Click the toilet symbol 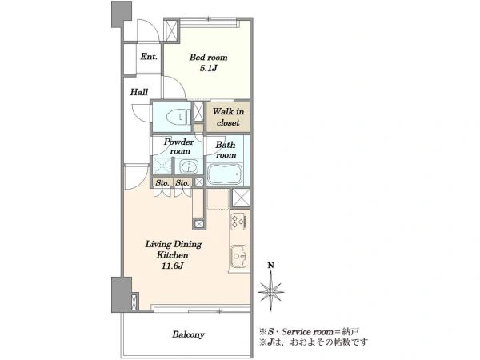tap(178, 117)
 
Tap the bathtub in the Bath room tap(225, 174)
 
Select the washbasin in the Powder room tap(189, 167)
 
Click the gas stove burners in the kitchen tap(238, 221)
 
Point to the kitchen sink tap(238, 256)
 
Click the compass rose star tap(271, 291)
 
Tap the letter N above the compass tap(271, 265)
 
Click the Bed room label tap(209, 58)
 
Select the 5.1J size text tap(208, 68)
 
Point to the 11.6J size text tap(173, 266)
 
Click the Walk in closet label tap(228, 117)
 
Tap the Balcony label tap(188, 334)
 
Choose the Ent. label tap(149, 57)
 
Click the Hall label tap(139, 92)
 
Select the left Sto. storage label tap(162, 182)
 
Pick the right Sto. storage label tap(182, 182)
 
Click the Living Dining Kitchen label tap(174, 250)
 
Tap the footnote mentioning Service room tap(309, 331)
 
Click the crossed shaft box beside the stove tap(241, 198)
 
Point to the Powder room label tap(179, 146)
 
